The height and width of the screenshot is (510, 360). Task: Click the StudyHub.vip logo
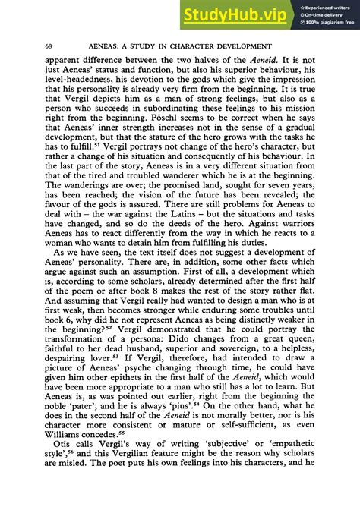(237, 14)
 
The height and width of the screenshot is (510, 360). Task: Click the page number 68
(49, 47)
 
